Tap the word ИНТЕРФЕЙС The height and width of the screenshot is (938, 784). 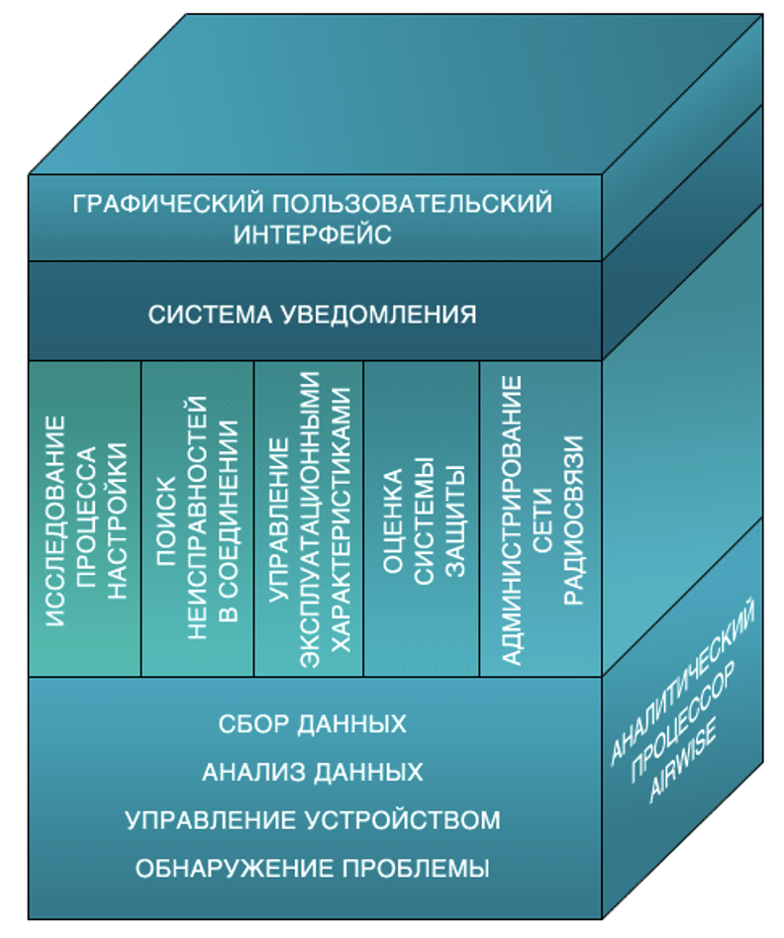coord(313,235)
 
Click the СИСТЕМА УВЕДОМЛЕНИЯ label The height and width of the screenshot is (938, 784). coord(313,315)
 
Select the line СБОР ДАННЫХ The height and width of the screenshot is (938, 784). coord(313,723)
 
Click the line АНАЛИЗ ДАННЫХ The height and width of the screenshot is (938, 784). coord(313,772)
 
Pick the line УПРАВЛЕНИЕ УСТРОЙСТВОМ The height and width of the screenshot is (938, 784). coord(313,820)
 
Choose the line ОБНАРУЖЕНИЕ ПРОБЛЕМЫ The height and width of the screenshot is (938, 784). coord(313,870)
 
